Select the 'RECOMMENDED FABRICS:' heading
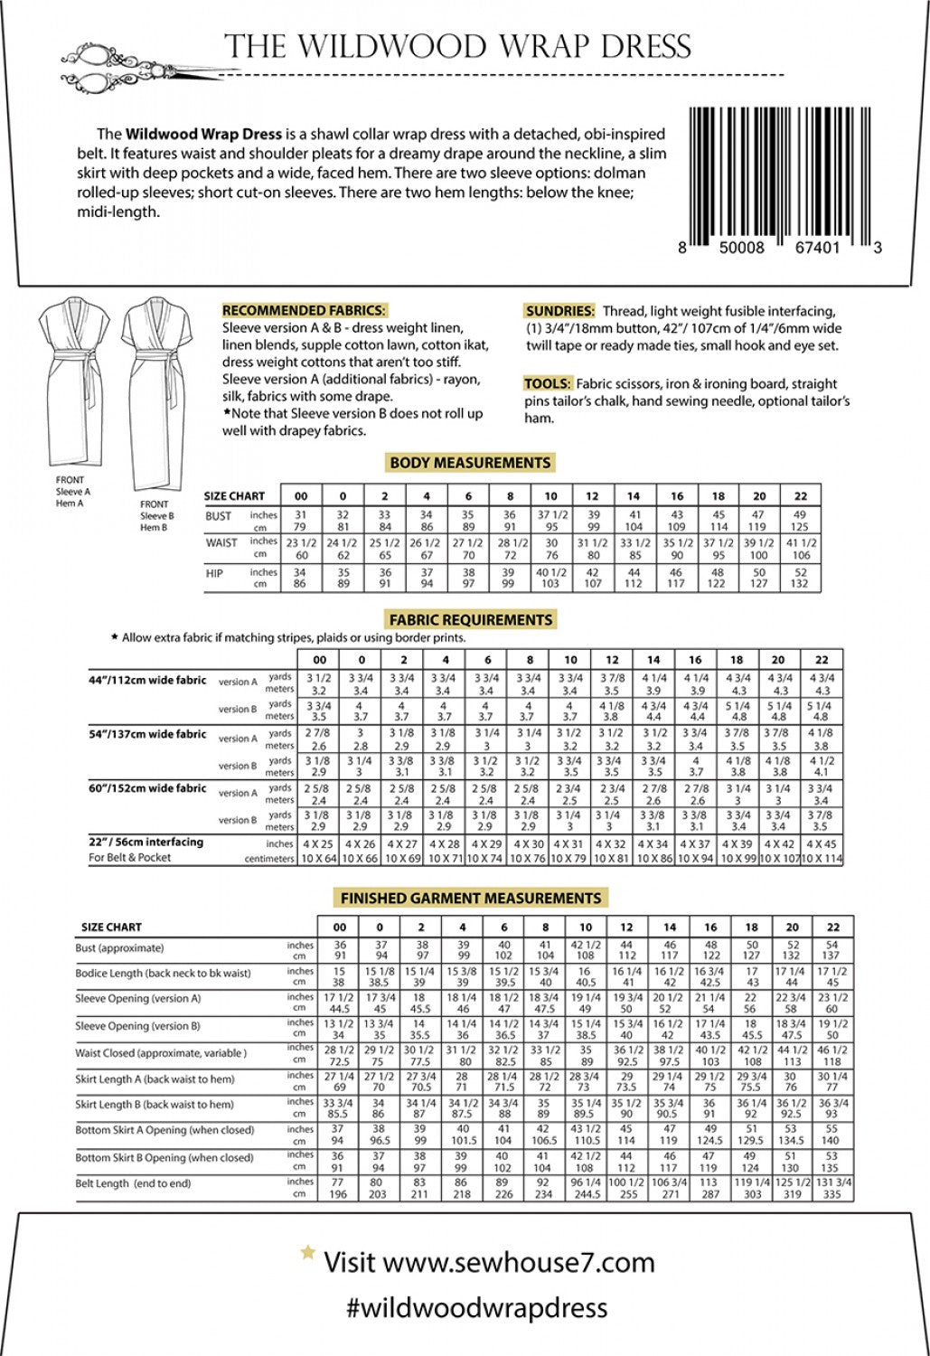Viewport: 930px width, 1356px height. click(305, 310)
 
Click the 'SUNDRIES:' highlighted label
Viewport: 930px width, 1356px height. click(559, 310)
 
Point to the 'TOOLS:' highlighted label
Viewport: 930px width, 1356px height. click(547, 383)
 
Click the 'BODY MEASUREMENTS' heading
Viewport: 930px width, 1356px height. click(470, 463)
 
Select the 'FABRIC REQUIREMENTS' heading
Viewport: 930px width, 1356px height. click(470, 620)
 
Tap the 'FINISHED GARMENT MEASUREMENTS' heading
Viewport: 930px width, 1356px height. click(470, 899)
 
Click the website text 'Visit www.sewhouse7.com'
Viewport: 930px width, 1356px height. click(488, 1262)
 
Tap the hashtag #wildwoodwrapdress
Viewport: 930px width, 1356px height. click(476, 1307)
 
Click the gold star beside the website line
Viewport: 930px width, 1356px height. click(308, 1253)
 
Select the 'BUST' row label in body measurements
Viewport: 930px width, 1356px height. click(219, 516)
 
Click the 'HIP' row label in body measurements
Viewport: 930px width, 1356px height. click(214, 574)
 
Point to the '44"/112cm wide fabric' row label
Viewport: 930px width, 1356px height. click(147, 680)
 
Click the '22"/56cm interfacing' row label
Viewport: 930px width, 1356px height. click(146, 842)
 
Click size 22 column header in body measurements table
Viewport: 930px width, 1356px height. click(800, 496)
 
